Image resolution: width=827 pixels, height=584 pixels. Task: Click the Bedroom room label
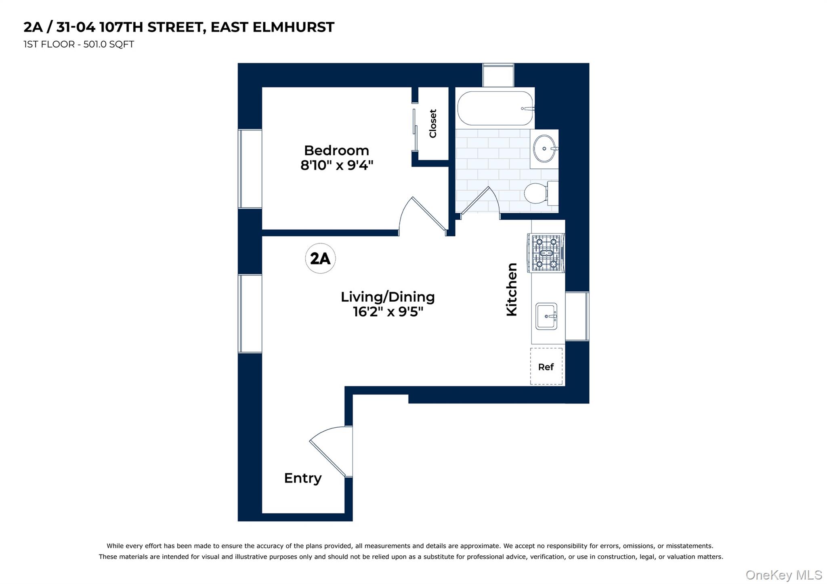[x=336, y=150]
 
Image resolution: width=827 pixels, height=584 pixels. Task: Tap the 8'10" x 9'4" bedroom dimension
[x=336, y=165]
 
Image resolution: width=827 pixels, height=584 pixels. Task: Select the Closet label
[x=433, y=124]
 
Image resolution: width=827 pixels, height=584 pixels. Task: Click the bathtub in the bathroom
[x=495, y=108]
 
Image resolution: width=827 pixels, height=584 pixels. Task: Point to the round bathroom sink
[x=544, y=149]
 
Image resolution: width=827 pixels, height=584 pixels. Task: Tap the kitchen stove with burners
[x=546, y=253]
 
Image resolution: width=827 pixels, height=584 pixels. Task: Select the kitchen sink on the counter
[x=546, y=316]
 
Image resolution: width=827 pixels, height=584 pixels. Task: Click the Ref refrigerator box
[x=546, y=367]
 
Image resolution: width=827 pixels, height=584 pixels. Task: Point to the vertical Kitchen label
[x=512, y=289]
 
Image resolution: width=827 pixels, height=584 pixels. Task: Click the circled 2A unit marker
[x=320, y=258]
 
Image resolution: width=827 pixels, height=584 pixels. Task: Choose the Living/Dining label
[x=388, y=297]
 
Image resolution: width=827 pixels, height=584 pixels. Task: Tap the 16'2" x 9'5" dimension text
[x=388, y=312]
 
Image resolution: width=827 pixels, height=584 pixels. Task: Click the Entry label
[x=303, y=478]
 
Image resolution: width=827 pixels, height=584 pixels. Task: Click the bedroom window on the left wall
[x=250, y=169]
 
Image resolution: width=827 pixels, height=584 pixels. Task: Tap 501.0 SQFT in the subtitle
[x=109, y=44]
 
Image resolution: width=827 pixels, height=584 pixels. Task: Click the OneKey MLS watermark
[x=783, y=575]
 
